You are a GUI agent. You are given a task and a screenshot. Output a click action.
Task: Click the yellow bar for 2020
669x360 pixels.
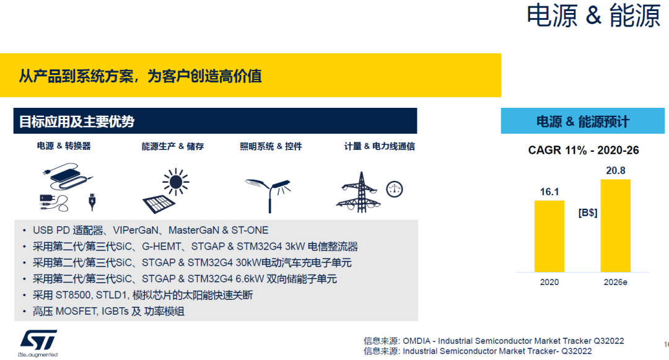point(549,236)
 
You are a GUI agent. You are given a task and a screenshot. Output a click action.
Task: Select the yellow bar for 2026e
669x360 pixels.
point(615,226)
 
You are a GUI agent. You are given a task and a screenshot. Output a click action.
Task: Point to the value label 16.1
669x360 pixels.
point(549,192)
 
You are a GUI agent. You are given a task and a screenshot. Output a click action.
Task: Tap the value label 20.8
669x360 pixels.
point(616,170)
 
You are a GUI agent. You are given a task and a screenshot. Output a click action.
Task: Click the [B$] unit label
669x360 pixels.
point(587,213)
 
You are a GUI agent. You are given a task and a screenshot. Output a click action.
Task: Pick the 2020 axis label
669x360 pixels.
point(549,282)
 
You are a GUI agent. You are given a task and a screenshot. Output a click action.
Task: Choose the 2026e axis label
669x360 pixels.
point(615,282)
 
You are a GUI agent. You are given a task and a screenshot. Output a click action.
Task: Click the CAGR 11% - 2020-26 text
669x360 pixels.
point(584,150)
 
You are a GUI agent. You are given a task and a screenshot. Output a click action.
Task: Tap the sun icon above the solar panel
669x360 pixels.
point(176,182)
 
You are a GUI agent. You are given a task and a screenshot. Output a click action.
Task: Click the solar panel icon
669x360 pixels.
point(159,204)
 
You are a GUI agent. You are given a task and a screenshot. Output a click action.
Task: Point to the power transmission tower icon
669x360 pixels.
point(360,192)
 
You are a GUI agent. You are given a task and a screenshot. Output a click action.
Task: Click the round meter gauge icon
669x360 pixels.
point(394,190)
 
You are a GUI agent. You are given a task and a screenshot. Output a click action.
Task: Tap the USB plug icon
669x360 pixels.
point(92,202)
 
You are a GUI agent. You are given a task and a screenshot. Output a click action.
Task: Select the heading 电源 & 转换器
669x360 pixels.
point(64,146)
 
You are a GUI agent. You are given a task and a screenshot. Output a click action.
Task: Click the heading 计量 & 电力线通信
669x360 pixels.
point(379,146)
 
